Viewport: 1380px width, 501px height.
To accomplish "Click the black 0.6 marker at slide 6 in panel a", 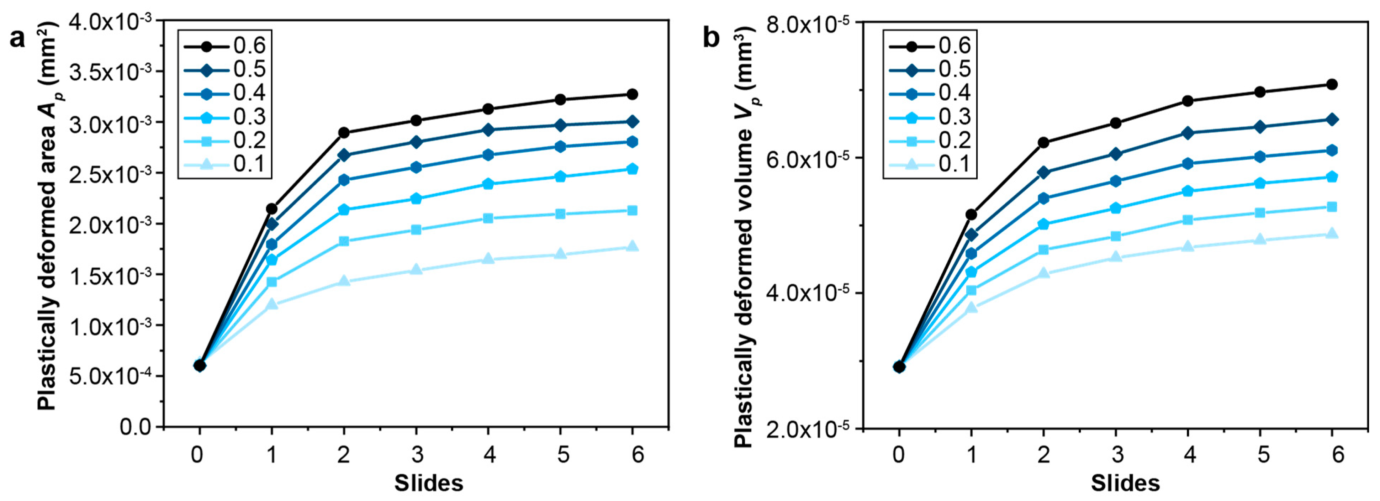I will [632, 94].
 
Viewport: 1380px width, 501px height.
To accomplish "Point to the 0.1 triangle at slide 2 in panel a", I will [344, 281].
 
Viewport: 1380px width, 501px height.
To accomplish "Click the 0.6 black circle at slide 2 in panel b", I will [1043, 143].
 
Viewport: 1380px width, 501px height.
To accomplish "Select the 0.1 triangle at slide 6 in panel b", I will [1332, 234].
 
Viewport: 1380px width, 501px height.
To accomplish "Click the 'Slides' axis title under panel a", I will [429, 483].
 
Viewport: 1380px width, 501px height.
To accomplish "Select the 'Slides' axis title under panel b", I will [1125, 483].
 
